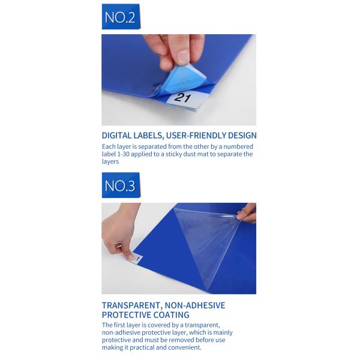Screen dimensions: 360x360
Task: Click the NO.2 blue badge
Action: tap(121, 17)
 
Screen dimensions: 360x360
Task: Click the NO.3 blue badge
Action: tap(121, 185)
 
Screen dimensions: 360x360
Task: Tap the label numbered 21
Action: tap(184, 100)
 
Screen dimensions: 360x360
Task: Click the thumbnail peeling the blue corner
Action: tap(184, 56)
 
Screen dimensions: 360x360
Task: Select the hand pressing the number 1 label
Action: tap(118, 232)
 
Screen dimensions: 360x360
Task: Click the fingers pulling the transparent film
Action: tap(247, 214)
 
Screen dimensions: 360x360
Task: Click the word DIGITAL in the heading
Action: tap(116, 136)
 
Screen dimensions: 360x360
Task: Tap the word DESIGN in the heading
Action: tap(242, 136)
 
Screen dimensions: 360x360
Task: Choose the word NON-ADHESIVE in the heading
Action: tap(195, 305)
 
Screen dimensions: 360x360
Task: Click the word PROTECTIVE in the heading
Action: tap(126, 315)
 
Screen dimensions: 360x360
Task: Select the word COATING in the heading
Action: tap(171, 315)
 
